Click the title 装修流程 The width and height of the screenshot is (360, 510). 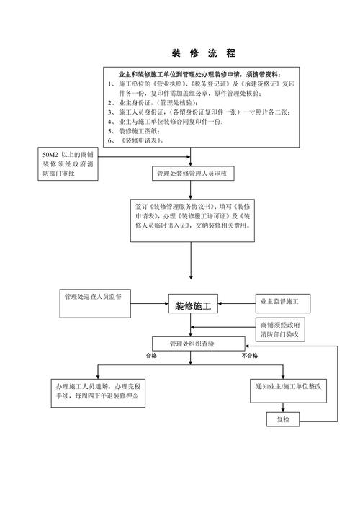(x=203, y=53)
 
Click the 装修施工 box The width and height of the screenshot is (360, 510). (x=192, y=305)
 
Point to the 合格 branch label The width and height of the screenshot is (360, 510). (x=151, y=357)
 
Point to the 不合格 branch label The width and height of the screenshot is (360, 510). (x=250, y=357)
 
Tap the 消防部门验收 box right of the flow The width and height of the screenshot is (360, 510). (x=282, y=331)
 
